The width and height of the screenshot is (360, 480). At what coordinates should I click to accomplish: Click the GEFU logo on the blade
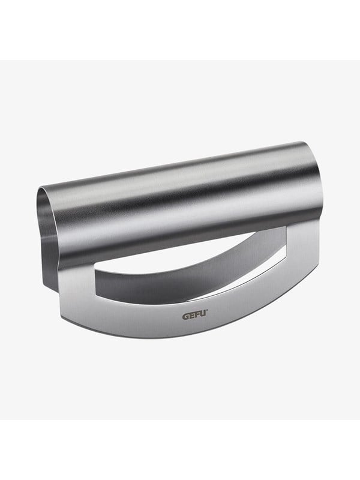click(195, 315)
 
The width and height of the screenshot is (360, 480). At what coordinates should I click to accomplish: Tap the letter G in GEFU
click(186, 316)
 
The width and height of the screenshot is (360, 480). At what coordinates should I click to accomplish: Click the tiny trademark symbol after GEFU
click(207, 311)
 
